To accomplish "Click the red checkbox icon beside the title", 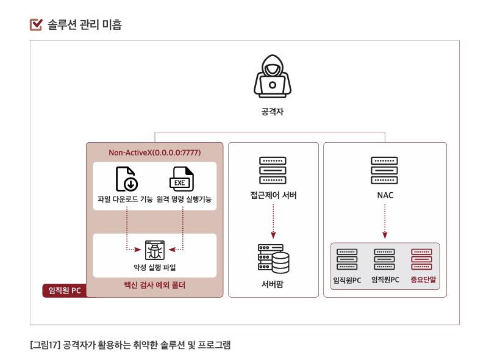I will [x=37, y=25].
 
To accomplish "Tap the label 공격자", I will [x=272, y=112].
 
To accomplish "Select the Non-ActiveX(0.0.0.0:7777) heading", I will [x=155, y=152].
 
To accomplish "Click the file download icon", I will [x=127, y=179].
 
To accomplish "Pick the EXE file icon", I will [x=181, y=179].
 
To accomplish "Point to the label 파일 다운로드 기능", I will [x=126, y=200].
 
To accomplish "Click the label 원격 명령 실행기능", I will [x=184, y=200].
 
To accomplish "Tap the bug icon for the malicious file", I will [x=154, y=250].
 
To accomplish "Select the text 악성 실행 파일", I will [x=154, y=268].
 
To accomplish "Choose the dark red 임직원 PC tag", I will [x=63, y=290].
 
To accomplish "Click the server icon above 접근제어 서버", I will [x=273, y=170].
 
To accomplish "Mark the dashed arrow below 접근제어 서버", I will [x=273, y=221].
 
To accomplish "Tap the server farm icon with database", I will [x=273, y=259].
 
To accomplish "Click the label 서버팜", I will [x=273, y=285].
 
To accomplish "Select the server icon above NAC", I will [x=385, y=170].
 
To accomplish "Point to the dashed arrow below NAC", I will [x=385, y=221].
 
